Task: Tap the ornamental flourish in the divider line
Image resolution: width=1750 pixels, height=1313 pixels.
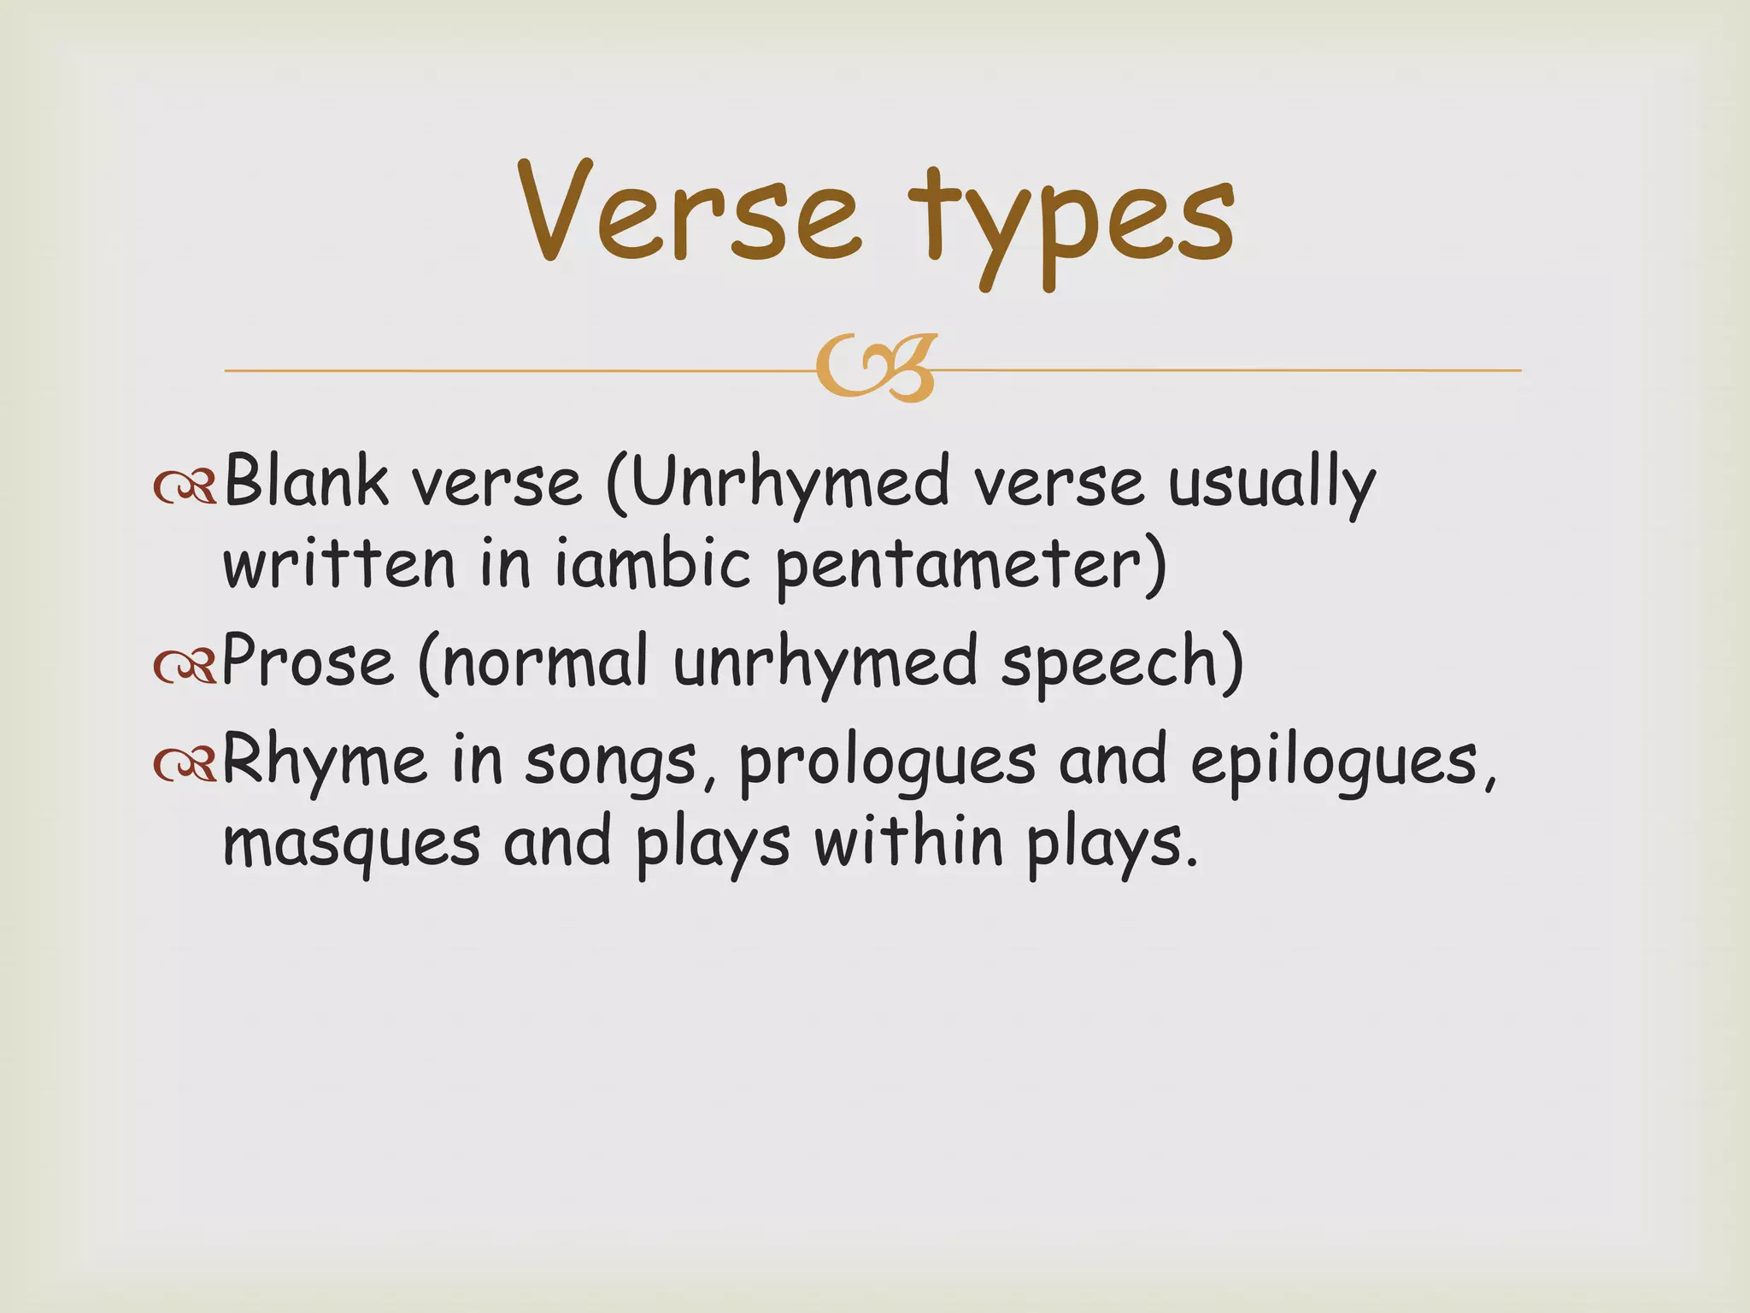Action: point(875,369)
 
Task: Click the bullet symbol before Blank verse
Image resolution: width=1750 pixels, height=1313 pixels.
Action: point(184,486)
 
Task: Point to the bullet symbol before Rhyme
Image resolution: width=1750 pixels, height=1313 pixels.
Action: point(184,763)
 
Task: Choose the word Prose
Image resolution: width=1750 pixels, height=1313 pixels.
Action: point(308,662)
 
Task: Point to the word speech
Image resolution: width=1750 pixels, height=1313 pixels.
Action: point(1110,665)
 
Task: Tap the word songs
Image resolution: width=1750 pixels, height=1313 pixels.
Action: point(610,762)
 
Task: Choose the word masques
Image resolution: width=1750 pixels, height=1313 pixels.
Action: point(351,843)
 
